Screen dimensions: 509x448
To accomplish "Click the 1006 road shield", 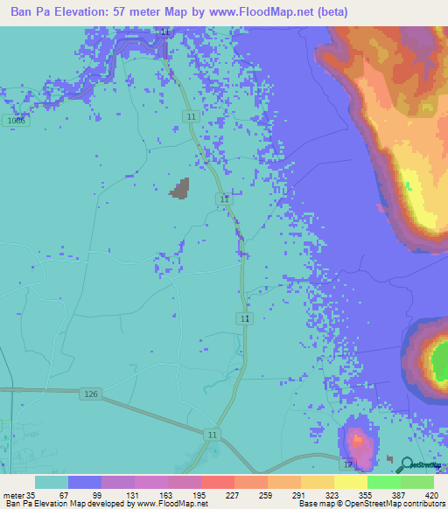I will (x=15, y=122).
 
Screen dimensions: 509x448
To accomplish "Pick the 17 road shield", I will (x=347, y=464).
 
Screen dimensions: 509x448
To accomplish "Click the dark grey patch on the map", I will (x=181, y=188).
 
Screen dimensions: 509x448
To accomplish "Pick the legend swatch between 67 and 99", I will (x=85, y=482).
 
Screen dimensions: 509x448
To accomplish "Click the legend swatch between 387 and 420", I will (x=417, y=482).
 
